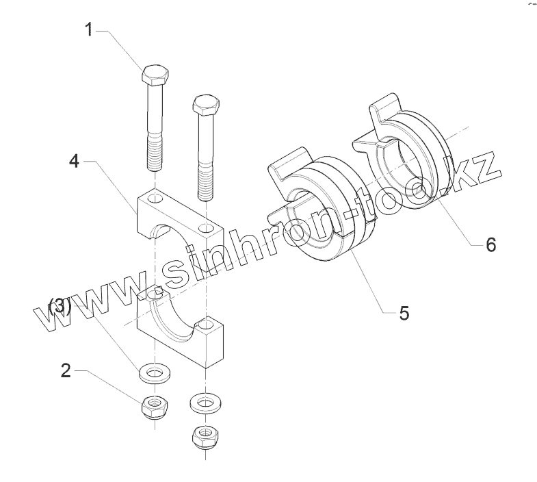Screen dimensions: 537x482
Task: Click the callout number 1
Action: [89, 29]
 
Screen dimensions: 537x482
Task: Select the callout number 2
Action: [66, 370]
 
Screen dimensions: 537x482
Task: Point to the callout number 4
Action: [75, 162]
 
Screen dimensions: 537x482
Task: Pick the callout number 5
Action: [404, 313]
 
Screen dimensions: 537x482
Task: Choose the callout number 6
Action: [490, 244]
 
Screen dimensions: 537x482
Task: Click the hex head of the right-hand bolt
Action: [206, 105]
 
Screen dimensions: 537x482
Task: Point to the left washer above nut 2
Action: [155, 374]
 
